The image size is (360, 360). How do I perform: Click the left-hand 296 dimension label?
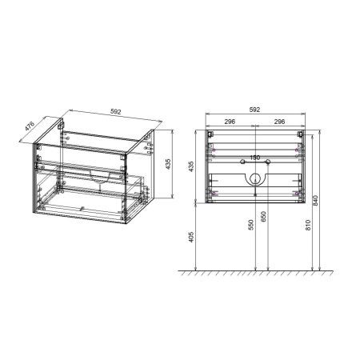click(230, 122)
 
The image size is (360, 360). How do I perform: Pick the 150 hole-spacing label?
click(255, 158)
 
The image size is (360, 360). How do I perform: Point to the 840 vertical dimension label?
click(320, 201)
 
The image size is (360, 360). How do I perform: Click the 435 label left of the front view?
click(190, 166)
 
